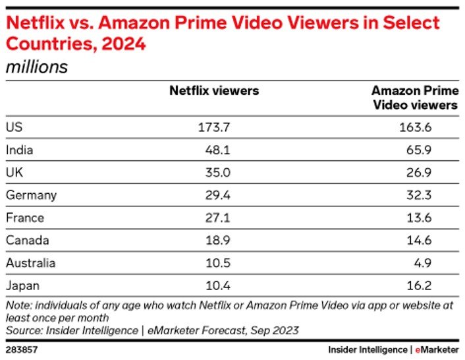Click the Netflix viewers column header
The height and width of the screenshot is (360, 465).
pyautogui.click(x=214, y=91)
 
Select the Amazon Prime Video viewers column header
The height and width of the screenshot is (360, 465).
pyautogui.click(x=414, y=98)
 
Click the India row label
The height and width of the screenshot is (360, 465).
pyautogui.click(x=19, y=150)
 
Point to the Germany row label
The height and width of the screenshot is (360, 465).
pyautogui.click(x=31, y=195)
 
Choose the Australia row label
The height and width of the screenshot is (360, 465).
pyautogui.click(x=30, y=263)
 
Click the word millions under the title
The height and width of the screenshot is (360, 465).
pyautogui.click(x=37, y=67)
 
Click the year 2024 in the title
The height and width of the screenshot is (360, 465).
pyautogui.click(x=122, y=46)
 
